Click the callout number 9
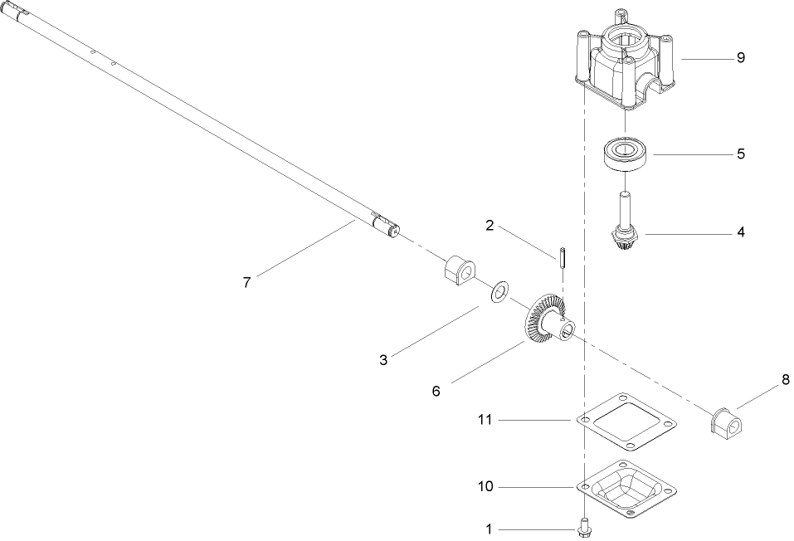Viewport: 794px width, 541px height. coord(740,58)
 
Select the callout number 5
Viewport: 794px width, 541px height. coord(740,154)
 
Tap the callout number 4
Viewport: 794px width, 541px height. coord(740,233)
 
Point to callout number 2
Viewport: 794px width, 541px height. coord(490,226)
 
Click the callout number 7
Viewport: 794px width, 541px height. coord(246,282)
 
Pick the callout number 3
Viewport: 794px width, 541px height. coord(383,360)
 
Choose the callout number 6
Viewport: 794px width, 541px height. coord(436,389)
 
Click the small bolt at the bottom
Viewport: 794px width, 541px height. coord(583,525)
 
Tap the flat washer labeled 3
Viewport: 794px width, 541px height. coord(500,292)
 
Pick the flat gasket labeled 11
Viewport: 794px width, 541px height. coord(626,422)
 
